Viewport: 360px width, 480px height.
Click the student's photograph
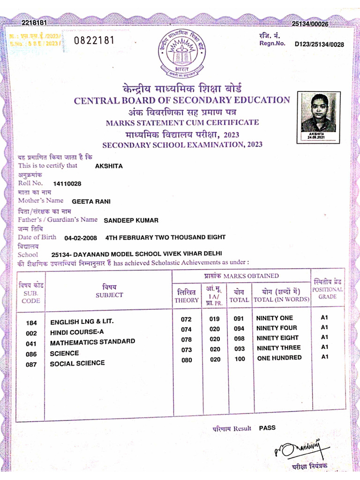[319, 113]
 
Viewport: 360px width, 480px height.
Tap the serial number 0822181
[94, 40]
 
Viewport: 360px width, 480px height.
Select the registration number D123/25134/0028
[319, 45]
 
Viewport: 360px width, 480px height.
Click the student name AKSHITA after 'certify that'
[109, 166]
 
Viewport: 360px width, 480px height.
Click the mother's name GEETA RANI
[91, 202]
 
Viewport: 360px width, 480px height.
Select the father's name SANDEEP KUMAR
[131, 220]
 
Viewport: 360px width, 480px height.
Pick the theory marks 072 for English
[186, 320]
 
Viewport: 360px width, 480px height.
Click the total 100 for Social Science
[240, 359]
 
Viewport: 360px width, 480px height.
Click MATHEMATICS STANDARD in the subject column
[92, 342]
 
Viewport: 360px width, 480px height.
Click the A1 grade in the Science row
[324, 347]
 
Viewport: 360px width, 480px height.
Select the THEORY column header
[187, 300]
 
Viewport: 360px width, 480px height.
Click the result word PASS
[267, 427]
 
